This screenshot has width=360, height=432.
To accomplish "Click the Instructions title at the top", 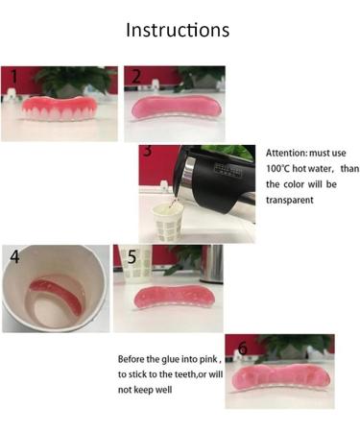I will (179, 30).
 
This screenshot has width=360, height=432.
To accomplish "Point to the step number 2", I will (137, 76).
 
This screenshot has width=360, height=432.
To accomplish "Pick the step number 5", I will (132, 256).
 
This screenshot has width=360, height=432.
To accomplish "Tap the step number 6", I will (242, 347).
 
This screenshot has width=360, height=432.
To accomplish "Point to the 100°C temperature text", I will (280, 168).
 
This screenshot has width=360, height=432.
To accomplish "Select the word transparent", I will (293, 202).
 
